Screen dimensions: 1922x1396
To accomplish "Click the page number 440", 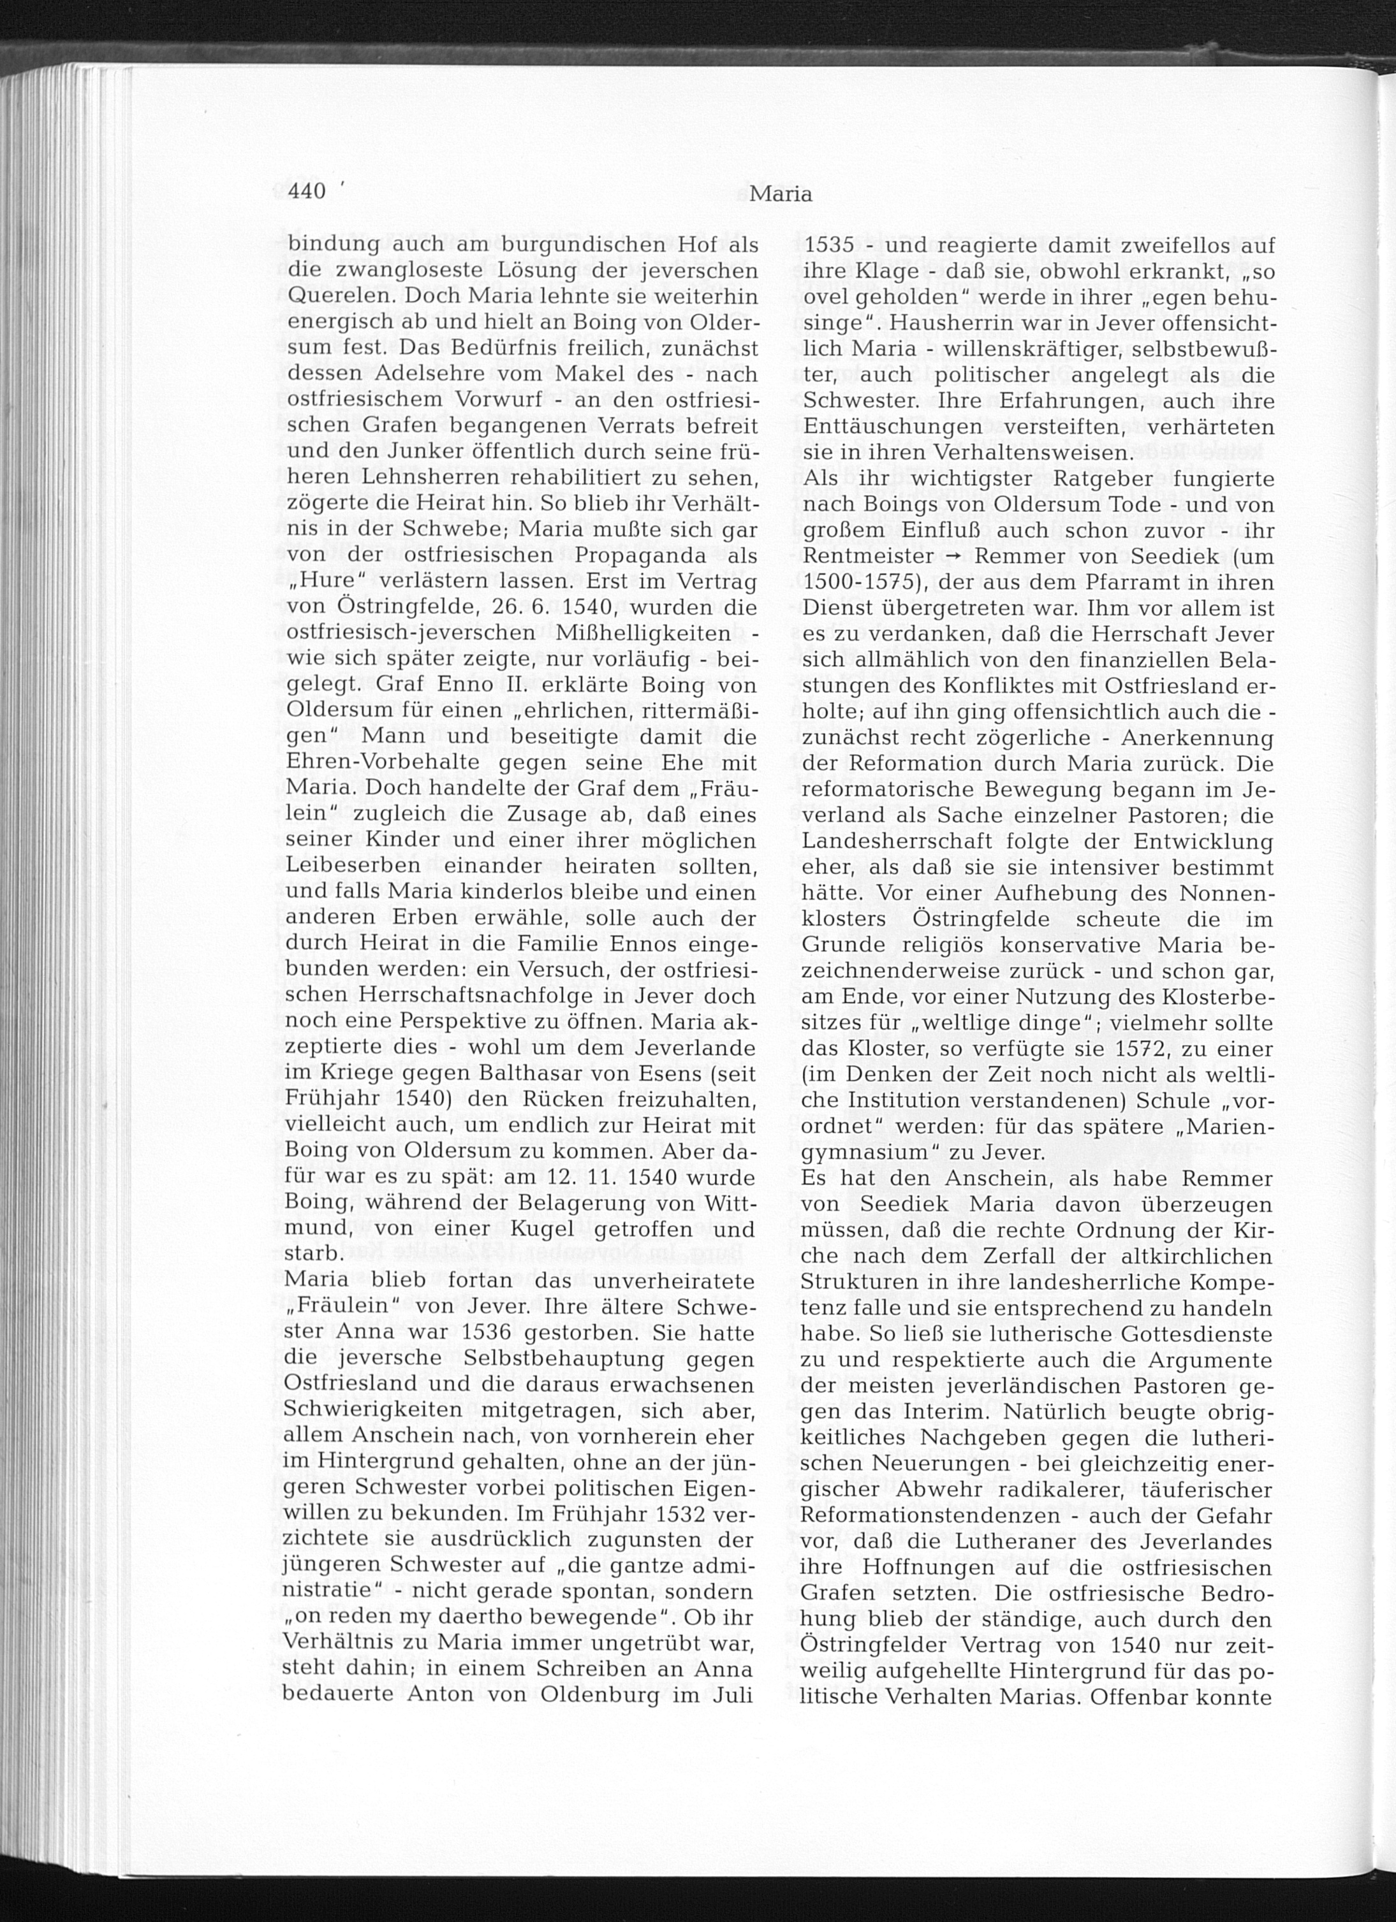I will (307, 193).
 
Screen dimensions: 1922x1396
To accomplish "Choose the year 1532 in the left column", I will (663, 1515).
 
